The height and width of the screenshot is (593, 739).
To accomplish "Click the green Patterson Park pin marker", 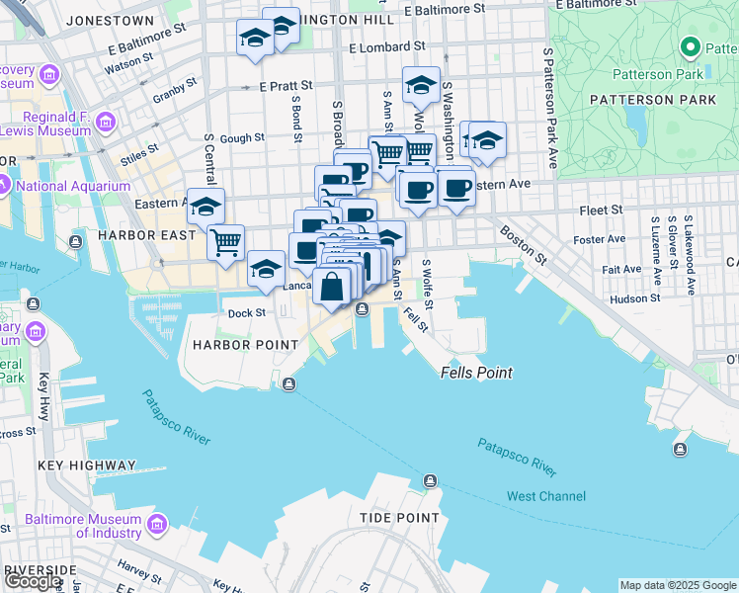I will [x=691, y=48].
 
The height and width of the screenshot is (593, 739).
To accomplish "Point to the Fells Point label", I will [x=476, y=373].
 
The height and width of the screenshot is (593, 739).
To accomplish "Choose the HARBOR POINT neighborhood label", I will [x=245, y=345].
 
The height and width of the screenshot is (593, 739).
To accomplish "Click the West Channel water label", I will [x=545, y=496].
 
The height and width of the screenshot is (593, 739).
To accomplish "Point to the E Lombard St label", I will [x=387, y=46].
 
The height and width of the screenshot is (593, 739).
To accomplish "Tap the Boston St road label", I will [x=523, y=245].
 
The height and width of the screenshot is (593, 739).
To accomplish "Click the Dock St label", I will [x=247, y=313].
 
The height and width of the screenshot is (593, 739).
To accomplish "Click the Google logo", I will [x=33, y=581].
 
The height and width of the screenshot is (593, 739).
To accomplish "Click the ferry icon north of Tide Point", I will [x=430, y=481].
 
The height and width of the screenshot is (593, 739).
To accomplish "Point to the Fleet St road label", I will [x=602, y=210].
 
